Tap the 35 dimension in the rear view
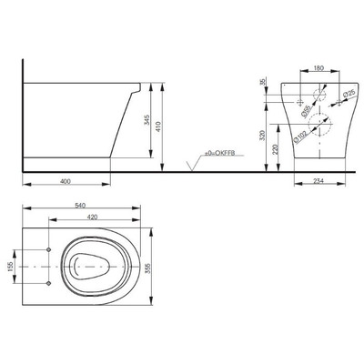[x=262, y=84]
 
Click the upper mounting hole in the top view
[x=46, y=249]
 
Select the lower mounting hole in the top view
[x=46, y=282]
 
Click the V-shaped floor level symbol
[x=190, y=167]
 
